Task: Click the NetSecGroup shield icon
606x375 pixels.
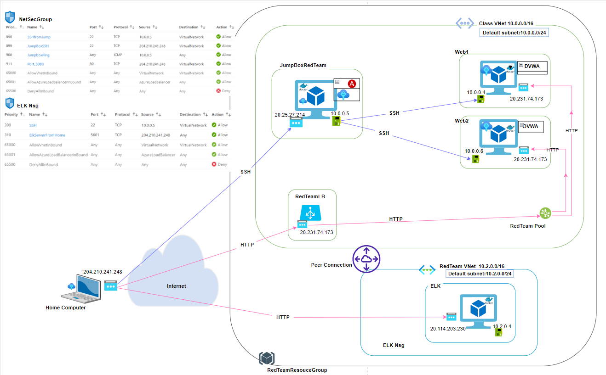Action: [x=10, y=18]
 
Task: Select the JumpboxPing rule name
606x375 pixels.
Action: [x=39, y=55]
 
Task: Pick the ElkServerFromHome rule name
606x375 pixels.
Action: [x=47, y=135]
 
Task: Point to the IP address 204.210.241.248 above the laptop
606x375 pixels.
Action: [x=103, y=272]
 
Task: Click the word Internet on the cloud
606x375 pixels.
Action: [x=177, y=286]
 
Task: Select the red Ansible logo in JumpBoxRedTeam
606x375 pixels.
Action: [x=352, y=84]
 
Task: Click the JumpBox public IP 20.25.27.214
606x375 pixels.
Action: [x=290, y=115]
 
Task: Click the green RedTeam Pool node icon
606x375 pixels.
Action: [x=545, y=213]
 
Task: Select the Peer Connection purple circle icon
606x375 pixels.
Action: [x=366, y=258]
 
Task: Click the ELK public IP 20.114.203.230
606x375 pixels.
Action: [x=448, y=329]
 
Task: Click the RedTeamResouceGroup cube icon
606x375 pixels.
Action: [x=267, y=359]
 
